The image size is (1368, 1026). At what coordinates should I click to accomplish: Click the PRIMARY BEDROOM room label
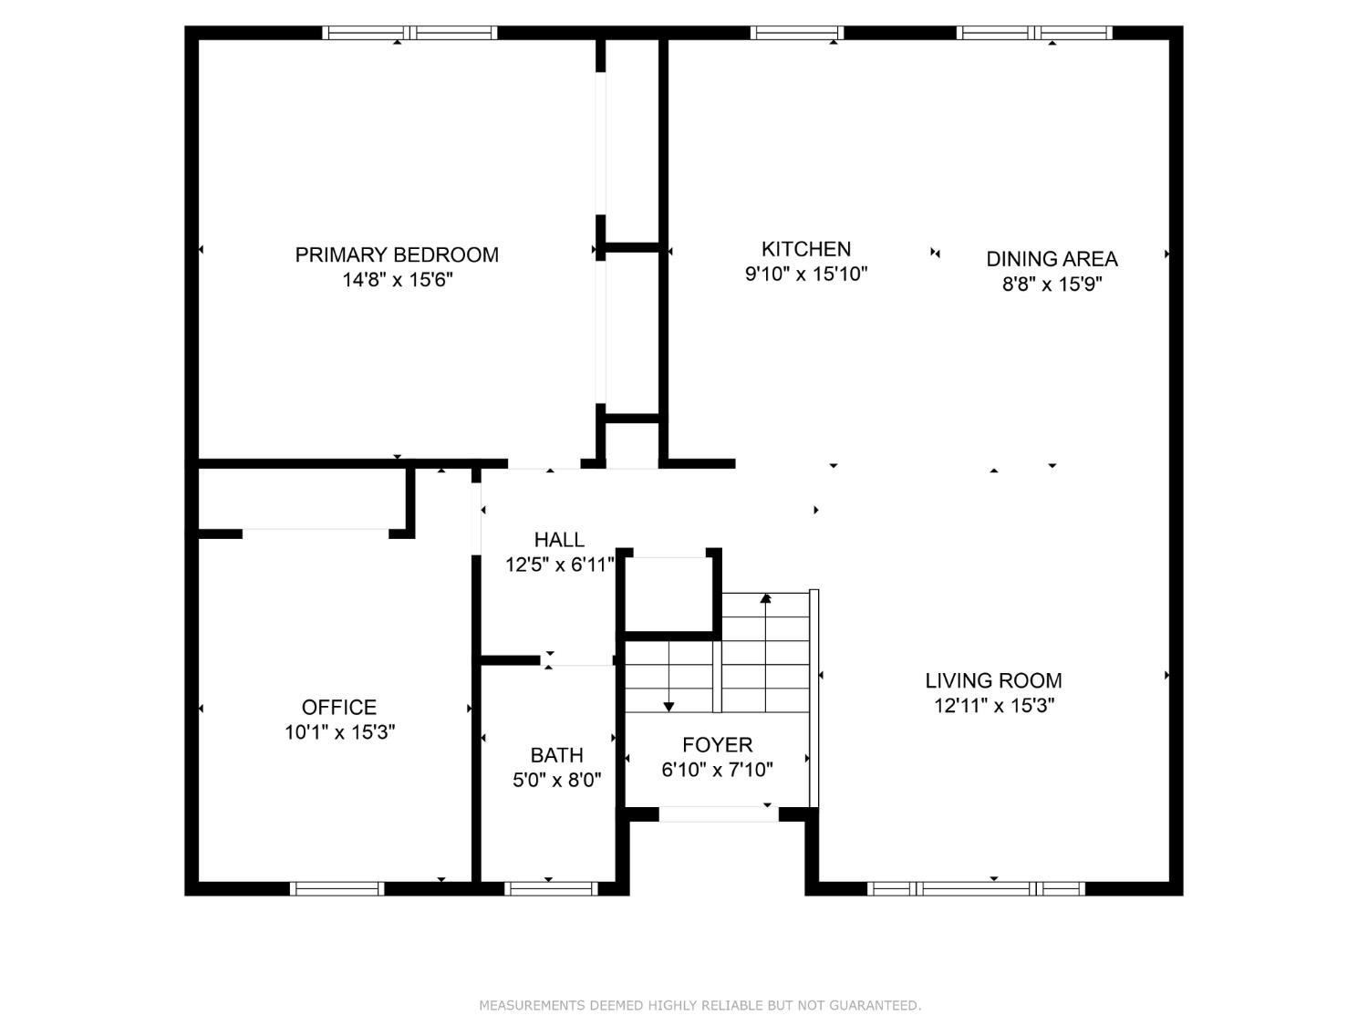[x=397, y=254]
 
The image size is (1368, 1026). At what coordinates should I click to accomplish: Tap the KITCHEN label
[x=806, y=249]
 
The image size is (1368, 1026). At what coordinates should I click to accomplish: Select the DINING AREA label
[x=1052, y=259]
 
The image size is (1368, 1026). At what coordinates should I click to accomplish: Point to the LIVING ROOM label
[x=993, y=680]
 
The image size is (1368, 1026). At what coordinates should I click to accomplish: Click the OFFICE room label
[x=339, y=707]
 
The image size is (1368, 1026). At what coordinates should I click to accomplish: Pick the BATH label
[x=556, y=755]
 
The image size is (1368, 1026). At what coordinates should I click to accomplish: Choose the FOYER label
[x=718, y=744]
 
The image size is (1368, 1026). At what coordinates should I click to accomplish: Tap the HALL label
[x=559, y=540]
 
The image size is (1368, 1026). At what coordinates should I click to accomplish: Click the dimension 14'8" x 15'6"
[x=397, y=280]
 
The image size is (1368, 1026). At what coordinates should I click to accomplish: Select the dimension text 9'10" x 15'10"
[x=806, y=275]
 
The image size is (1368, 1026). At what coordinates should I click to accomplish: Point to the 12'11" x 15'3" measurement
[x=993, y=706]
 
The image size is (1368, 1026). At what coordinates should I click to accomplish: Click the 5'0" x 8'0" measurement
[x=556, y=780]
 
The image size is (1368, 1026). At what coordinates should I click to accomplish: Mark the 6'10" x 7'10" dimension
[x=718, y=770]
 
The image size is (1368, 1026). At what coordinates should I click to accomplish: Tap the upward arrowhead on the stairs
[x=765, y=598]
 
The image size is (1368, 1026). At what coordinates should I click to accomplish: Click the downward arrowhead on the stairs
[x=668, y=707]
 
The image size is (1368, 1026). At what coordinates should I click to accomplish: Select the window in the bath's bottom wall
[x=551, y=888]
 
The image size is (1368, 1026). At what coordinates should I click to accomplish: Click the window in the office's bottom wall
[x=337, y=888]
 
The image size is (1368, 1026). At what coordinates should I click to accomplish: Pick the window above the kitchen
[x=796, y=33]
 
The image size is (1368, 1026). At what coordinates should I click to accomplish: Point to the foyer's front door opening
[x=719, y=814]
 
